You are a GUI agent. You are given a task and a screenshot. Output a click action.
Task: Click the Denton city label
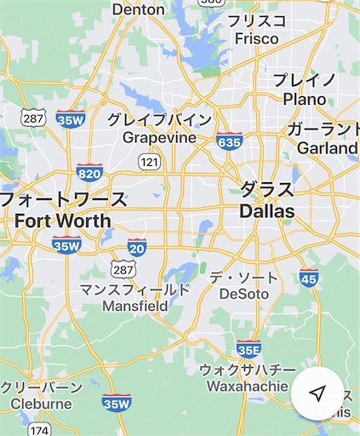(x=138, y=9)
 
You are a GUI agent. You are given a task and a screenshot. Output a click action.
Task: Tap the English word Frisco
(x=257, y=38)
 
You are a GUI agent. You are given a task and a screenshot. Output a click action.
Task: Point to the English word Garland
(x=327, y=148)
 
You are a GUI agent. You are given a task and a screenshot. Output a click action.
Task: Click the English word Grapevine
(x=160, y=137)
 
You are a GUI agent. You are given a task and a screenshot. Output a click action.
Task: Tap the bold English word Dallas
(x=267, y=210)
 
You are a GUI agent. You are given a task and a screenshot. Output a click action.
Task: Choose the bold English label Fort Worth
(x=63, y=221)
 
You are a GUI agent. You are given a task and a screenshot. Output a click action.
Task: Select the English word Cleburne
(x=42, y=404)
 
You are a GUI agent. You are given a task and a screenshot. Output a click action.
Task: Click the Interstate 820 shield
(x=89, y=172)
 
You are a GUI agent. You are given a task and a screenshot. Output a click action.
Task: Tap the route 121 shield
(x=150, y=161)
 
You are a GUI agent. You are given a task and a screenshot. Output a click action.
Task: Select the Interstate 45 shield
(x=310, y=277)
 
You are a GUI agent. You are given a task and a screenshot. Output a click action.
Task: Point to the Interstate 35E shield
(x=249, y=347)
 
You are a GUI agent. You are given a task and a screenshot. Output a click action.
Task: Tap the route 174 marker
(x=37, y=430)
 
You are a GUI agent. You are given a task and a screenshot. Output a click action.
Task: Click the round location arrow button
(x=317, y=393)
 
